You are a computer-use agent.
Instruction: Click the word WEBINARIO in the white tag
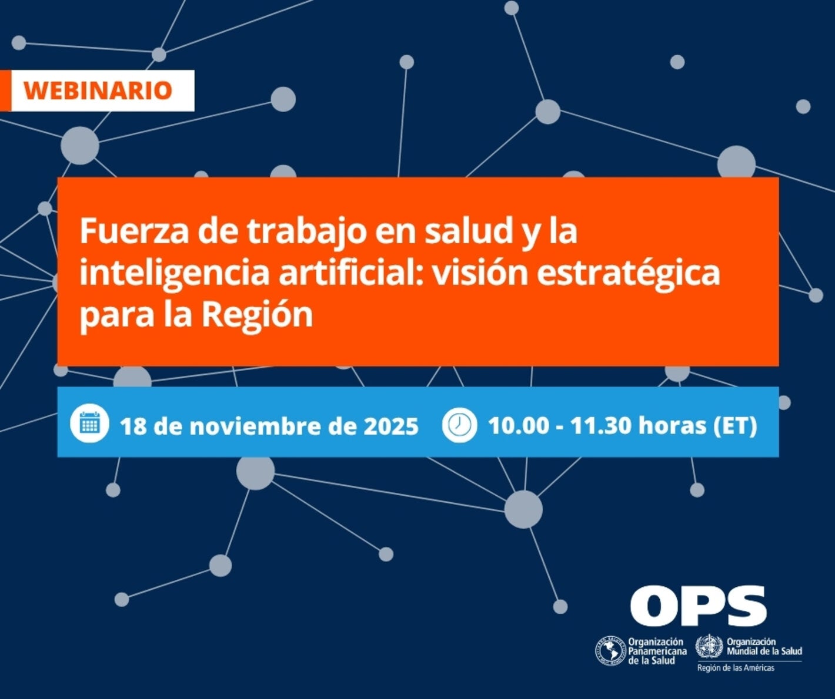98,90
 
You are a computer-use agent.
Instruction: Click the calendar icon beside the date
89,425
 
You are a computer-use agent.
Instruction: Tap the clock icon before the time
459,425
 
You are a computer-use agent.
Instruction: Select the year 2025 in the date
390,426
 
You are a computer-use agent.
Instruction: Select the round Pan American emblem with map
610,651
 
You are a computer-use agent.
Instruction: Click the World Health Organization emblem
709,647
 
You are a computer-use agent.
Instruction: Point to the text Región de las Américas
736,668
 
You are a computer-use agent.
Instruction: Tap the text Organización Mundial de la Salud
764,647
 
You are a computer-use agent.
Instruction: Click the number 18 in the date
133,426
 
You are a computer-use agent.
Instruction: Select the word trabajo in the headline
299,231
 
